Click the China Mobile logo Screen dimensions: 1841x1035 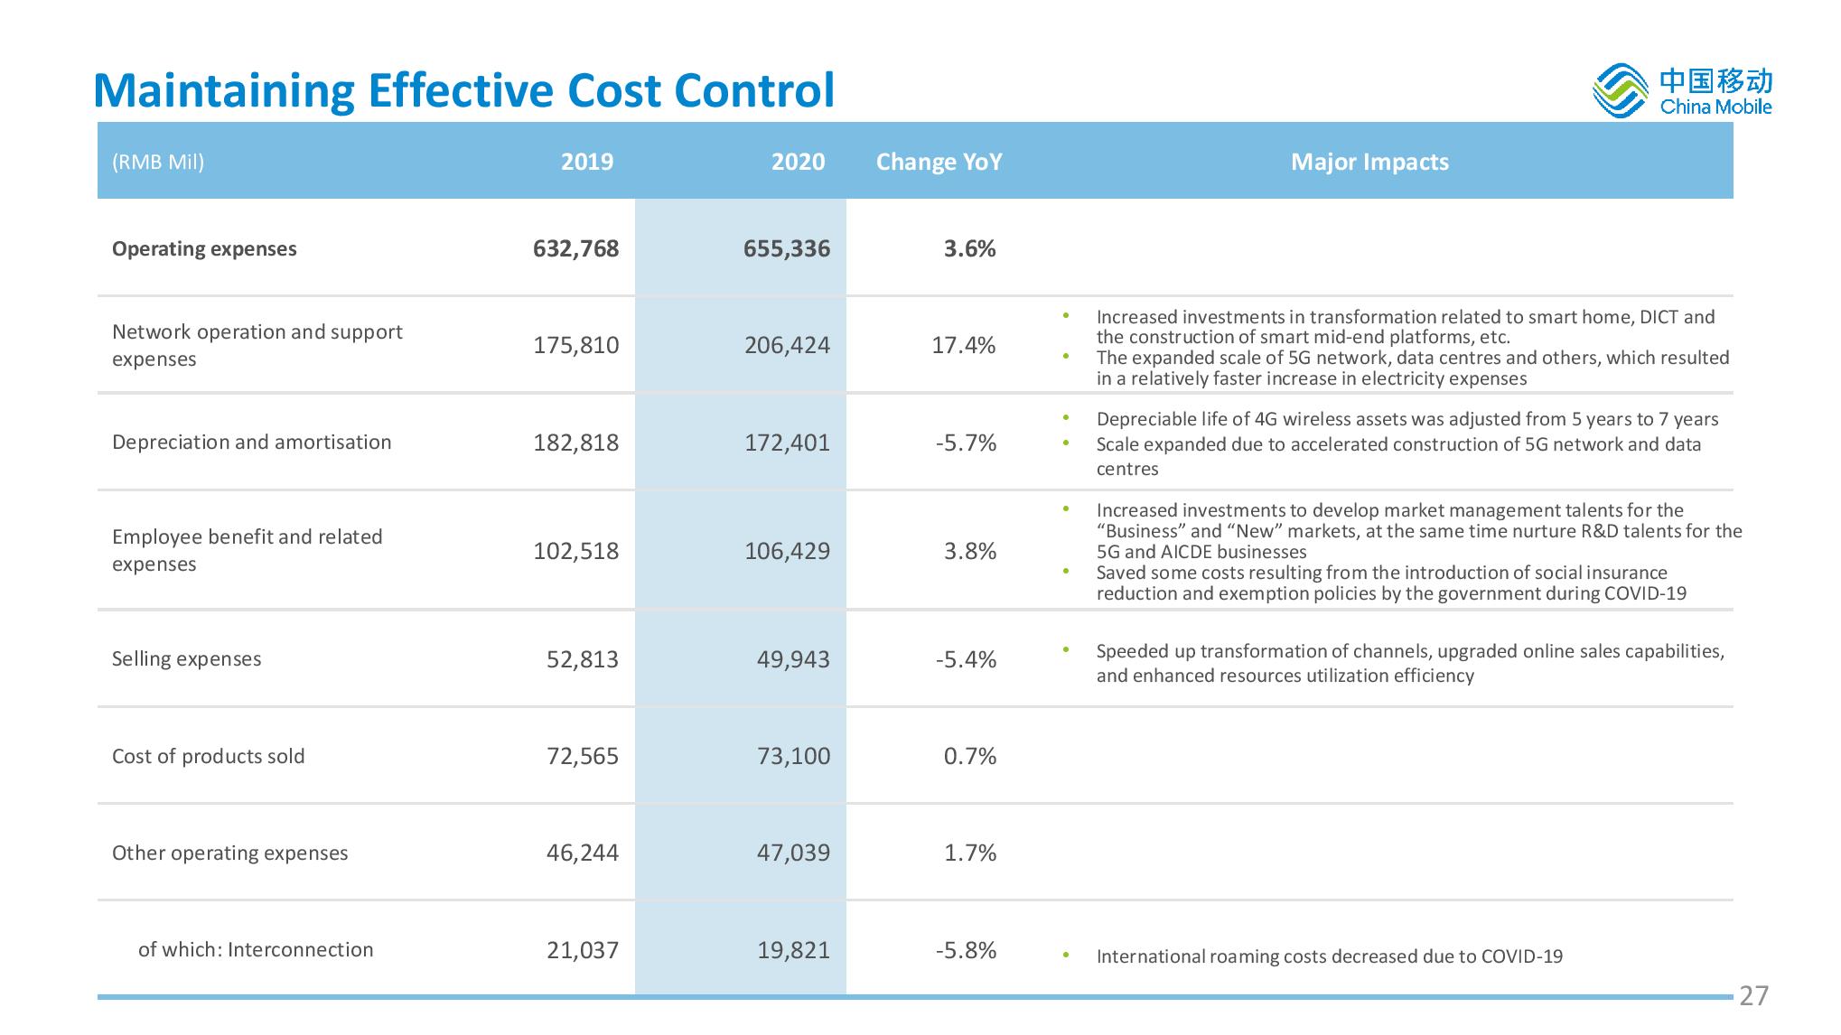coord(1682,91)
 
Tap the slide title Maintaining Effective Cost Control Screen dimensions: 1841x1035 coord(464,90)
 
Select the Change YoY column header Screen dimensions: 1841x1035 coord(939,162)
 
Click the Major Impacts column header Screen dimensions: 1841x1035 coord(1369,162)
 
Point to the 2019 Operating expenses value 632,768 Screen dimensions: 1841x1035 coord(576,248)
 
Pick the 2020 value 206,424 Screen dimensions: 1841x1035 coord(787,345)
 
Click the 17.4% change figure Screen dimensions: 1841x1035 coord(964,345)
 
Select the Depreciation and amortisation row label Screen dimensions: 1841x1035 coord(252,442)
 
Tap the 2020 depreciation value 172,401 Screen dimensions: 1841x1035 coord(787,443)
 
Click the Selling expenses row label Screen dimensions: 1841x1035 coord(187,659)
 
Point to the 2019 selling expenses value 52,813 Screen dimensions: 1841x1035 coord(583,659)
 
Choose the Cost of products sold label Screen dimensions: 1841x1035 coord(209,756)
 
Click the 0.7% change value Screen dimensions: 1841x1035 coord(970,756)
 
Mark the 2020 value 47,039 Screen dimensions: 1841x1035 coord(793,853)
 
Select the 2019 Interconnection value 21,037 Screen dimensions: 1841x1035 coord(583,950)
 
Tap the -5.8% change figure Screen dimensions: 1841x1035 coord(966,950)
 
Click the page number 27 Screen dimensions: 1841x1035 coord(1753,996)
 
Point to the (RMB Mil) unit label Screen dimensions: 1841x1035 coord(158,163)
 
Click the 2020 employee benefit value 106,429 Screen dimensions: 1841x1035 coord(787,551)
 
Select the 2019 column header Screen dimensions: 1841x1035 coord(587,162)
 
